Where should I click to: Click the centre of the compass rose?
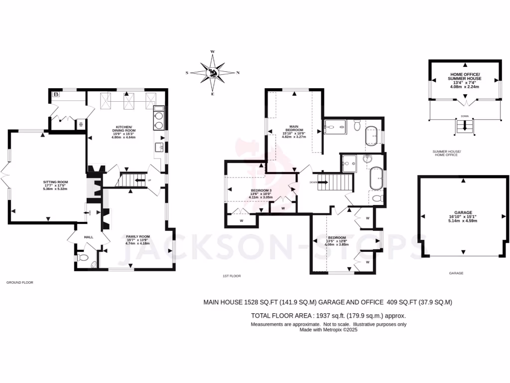click(213, 73)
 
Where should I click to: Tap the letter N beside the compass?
click(238, 73)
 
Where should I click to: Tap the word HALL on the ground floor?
click(89, 237)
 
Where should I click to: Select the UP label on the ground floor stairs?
click(149, 180)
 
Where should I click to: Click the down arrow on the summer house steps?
click(465, 127)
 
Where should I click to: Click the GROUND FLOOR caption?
click(19, 282)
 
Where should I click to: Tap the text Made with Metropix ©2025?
click(328, 330)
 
